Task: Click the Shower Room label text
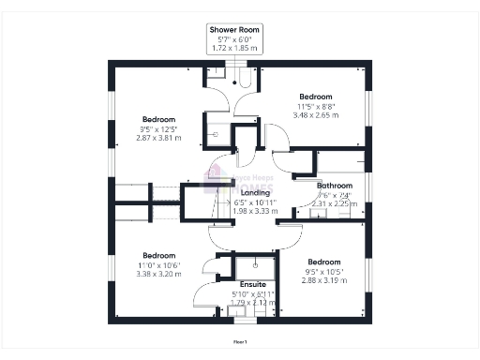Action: coord(234,31)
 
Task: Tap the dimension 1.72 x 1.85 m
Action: coord(234,47)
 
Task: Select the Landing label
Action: coord(255,193)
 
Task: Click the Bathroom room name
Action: coord(334,186)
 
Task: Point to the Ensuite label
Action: coord(253,284)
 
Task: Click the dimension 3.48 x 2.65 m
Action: coord(316,116)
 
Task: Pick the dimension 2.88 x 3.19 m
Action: coord(323,280)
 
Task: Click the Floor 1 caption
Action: coord(240,342)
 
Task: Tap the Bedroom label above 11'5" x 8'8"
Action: coord(316,97)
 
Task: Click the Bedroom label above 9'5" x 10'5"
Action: coord(323,261)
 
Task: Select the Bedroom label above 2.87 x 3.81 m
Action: coord(158,119)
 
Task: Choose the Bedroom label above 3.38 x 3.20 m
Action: coord(158,255)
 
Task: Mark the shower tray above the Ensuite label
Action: coord(253,264)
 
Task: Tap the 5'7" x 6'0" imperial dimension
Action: coord(234,39)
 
